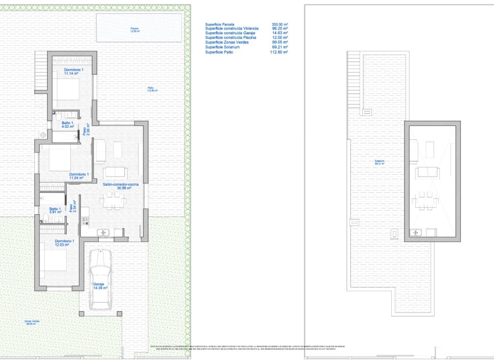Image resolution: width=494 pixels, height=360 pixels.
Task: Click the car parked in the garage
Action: tap(101, 278)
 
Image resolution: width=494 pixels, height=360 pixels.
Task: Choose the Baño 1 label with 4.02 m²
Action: tap(67, 125)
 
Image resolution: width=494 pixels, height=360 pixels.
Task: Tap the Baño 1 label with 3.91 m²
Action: tap(55, 211)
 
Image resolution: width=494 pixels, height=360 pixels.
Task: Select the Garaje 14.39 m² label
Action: tap(101, 286)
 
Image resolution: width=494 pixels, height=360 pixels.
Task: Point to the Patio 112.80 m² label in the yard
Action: tap(152, 89)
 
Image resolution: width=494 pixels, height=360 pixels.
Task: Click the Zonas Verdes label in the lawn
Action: tap(32, 322)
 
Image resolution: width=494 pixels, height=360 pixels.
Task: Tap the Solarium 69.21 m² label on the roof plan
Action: tap(380, 163)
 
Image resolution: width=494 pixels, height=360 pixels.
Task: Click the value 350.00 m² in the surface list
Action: tap(280, 24)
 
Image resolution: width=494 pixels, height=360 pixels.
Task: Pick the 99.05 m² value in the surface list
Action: tap(280, 43)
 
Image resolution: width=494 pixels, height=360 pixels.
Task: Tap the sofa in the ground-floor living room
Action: tap(114, 172)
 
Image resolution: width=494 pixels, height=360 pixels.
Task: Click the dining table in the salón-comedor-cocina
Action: tap(114, 201)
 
